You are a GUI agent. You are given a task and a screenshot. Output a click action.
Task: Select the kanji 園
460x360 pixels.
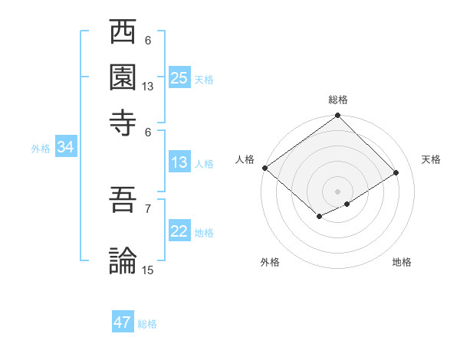point(123,77)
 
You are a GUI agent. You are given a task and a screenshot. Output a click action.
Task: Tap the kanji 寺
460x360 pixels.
point(123,120)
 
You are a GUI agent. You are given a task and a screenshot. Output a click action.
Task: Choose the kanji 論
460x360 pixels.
point(123,260)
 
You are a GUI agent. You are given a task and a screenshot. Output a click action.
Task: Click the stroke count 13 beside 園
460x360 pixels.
point(148,87)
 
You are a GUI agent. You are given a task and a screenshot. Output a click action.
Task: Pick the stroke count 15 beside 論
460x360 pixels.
point(148,270)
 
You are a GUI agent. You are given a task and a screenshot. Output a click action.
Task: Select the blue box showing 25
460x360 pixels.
point(179,78)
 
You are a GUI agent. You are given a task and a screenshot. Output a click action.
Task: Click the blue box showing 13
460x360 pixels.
point(179,162)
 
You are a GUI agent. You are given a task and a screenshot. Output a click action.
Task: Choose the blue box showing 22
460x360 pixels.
point(179,231)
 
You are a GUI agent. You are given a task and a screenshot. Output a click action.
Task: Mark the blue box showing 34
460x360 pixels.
point(65,148)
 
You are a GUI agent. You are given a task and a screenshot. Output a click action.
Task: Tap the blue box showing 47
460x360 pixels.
point(123,322)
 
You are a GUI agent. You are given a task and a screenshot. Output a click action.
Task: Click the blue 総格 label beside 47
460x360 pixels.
point(148,324)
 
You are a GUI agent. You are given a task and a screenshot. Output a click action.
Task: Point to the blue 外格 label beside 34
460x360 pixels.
point(41,149)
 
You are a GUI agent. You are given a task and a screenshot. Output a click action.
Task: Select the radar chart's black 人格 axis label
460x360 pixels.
point(245,159)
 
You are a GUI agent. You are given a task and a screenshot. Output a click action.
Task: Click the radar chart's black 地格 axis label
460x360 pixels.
point(402,262)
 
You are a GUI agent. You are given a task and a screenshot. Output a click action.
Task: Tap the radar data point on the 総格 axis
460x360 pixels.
point(337,116)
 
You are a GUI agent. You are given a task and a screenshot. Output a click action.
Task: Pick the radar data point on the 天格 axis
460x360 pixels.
point(396,173)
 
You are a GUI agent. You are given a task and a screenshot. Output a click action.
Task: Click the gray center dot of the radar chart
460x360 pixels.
point(337,191)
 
